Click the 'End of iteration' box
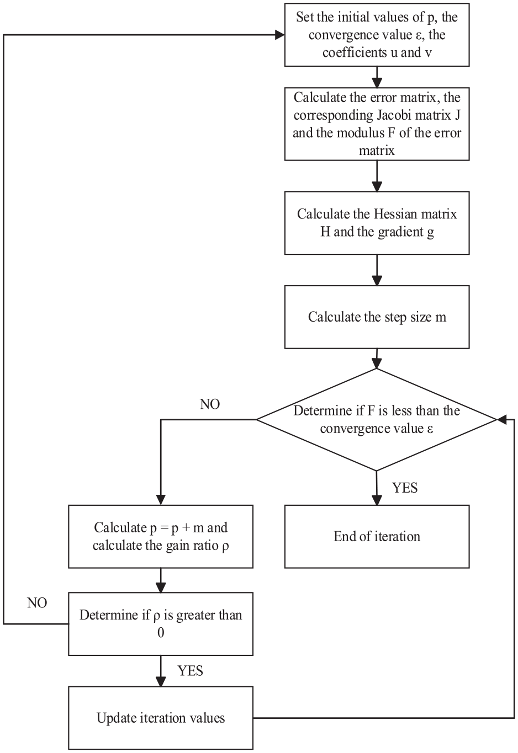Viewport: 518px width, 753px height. click(377, 536)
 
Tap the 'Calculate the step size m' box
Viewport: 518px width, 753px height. click(377, 317)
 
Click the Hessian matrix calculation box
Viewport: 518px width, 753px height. click(377, 222)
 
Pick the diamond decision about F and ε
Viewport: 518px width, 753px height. click(377, 419)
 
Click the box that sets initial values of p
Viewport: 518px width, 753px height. click(377, 35)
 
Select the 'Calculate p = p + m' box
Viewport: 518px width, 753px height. click(161, 536)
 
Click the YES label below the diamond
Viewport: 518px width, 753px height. click(405, 488)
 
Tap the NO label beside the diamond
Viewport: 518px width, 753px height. click(210, 404)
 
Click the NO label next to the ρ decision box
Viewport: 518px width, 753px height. click(37, 603)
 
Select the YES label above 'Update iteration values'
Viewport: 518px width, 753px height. click(191, 671)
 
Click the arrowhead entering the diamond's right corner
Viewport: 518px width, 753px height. click(501, 419)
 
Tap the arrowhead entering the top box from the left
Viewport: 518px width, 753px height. click(280, 35)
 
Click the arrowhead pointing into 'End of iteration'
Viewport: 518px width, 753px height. click(377, 500)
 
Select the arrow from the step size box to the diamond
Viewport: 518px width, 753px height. click(377, 359)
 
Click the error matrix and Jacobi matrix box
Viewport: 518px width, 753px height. click(377, 124)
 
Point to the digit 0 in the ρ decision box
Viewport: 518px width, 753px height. click(161, 633)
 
